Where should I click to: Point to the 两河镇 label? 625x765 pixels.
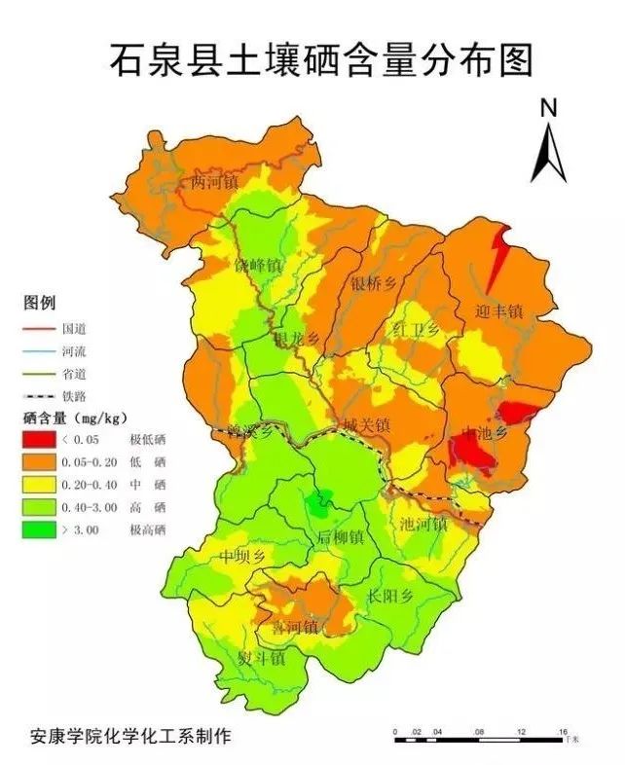[214, 182]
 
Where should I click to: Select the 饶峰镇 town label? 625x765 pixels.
[258, 266]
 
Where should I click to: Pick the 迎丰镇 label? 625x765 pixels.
[500, 311]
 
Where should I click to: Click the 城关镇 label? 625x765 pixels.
[366, 425]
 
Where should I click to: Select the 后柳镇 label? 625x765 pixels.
[340, 537]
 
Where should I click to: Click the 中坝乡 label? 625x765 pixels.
[242, 557]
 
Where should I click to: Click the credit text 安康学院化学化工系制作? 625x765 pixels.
[130, 736]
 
